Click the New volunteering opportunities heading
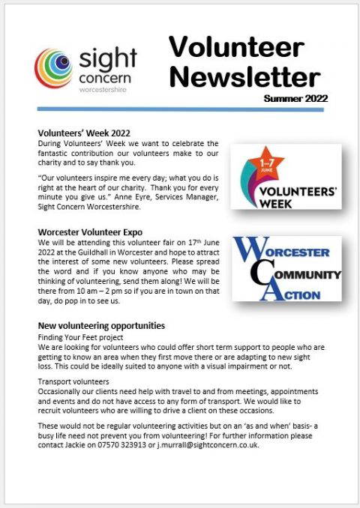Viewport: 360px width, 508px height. coord(100,326)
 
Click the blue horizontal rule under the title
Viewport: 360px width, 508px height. coord(180,111)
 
